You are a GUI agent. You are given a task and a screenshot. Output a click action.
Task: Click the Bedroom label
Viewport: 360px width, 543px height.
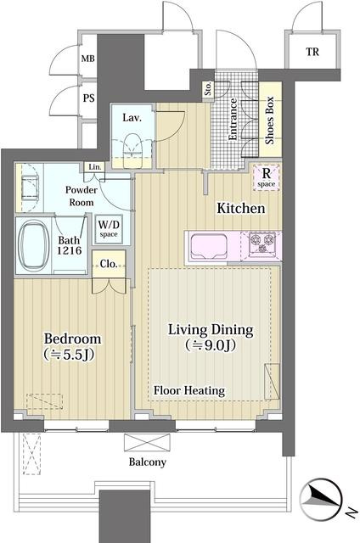point(73,339)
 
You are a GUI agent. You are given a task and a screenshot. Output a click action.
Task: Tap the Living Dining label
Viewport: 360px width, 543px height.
point(211,330)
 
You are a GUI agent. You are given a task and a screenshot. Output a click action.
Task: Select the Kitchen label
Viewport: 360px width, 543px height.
point(241,208)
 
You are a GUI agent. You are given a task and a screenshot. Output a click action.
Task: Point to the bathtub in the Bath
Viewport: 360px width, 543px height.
point(34,245)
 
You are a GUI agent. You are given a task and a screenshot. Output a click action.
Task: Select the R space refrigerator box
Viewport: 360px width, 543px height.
point(267,177)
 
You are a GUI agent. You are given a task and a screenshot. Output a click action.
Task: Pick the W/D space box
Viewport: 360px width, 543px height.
point(109,229)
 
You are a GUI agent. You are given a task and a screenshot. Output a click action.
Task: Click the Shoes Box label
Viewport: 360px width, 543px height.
point(270,120)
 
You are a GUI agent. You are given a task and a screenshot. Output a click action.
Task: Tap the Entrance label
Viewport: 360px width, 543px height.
point(233,120)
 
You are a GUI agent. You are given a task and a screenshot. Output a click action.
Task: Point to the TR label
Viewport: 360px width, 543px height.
point(312,52)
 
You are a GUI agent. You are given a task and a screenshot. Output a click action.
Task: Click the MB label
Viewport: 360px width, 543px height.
point(88,59)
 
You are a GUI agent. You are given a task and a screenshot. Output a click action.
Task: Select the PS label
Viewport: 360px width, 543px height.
point(88,98)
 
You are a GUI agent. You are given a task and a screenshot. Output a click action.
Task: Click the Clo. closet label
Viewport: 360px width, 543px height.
point(109,264)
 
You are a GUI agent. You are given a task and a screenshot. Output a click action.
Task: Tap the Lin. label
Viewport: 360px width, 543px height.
point(95,167)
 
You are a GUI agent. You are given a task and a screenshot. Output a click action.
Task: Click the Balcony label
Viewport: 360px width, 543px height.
point(147,462)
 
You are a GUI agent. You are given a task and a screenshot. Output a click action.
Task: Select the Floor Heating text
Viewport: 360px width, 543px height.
point(189,390)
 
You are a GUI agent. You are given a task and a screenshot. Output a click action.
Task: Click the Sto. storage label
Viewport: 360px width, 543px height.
point(208,88)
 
